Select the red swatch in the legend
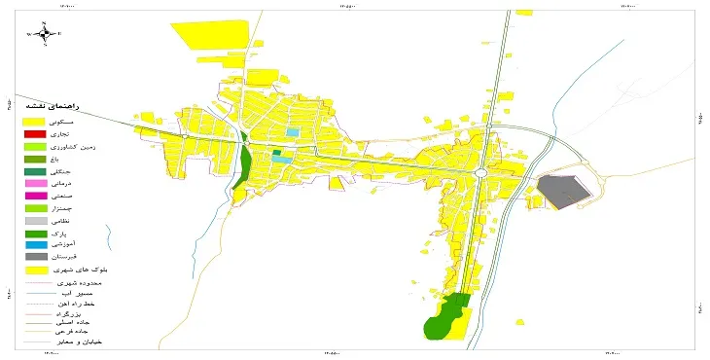coord(35,133)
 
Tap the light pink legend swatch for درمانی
coord(35,183)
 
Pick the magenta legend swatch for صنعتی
coord(35,196)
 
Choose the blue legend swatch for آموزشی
coord(35,244)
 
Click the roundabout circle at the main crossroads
coord(481,171)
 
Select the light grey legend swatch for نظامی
coord(35,220)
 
